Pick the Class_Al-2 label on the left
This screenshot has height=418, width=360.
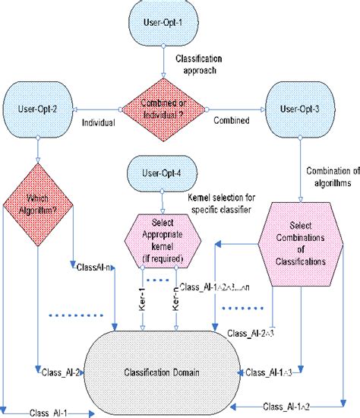(55, 372)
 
